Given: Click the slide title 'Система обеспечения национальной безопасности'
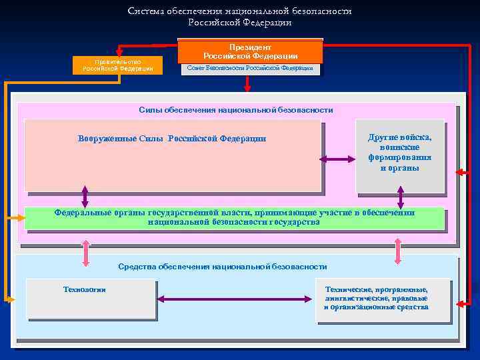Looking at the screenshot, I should coord(240,11).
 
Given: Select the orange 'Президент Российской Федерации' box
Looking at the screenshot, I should coord(250,51).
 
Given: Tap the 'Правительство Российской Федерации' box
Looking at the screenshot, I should coord(118,65).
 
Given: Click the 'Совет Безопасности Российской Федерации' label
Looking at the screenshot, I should coord(250,68).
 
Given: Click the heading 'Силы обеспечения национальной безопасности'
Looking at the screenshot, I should coord(236,109).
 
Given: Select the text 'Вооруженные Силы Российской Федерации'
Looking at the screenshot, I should coord(172,139).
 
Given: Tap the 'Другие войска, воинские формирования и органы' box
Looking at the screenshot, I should coord(400,153).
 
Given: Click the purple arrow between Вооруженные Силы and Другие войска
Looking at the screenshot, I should coord(338,159).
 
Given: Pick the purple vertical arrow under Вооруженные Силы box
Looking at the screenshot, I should coord(85,195).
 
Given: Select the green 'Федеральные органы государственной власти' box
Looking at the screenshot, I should coord(234,217).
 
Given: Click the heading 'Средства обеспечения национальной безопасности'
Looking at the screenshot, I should coord(223,267).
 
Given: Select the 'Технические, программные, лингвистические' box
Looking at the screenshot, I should coord(377,299).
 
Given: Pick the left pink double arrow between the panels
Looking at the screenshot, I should coord(85,251).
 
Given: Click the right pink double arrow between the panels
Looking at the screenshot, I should coord(398,251).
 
